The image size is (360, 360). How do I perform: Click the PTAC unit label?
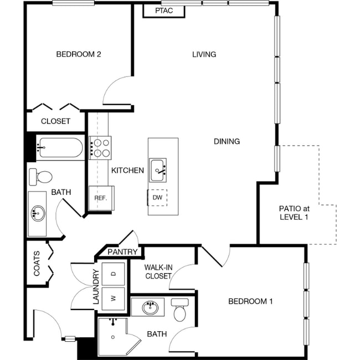coord(163,11)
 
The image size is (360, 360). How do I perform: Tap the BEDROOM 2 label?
coord(78,54)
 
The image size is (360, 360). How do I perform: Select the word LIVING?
coord(204,54)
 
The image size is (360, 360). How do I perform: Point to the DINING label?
coord(227,141)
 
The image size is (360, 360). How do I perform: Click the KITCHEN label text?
coord(128,171)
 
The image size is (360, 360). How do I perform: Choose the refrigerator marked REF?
coord(100,198)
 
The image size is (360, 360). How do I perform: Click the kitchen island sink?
coord(158,167)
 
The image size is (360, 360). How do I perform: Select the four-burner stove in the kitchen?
coord(100,147)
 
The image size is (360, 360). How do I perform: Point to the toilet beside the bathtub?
coord(40,176)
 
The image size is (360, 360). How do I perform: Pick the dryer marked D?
coord(114,274)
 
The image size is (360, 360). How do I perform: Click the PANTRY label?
coord(122,252)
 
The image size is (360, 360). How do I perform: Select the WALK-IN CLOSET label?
coord(158,271)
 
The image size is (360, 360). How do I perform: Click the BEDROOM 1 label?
coord(251,301)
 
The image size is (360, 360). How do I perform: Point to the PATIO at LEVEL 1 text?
coord(294,213)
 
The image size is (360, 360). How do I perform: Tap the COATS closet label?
coord(37,264)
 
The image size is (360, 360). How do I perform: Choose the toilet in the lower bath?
coord(179,312)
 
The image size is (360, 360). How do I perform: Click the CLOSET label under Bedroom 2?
coord(55,121)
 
